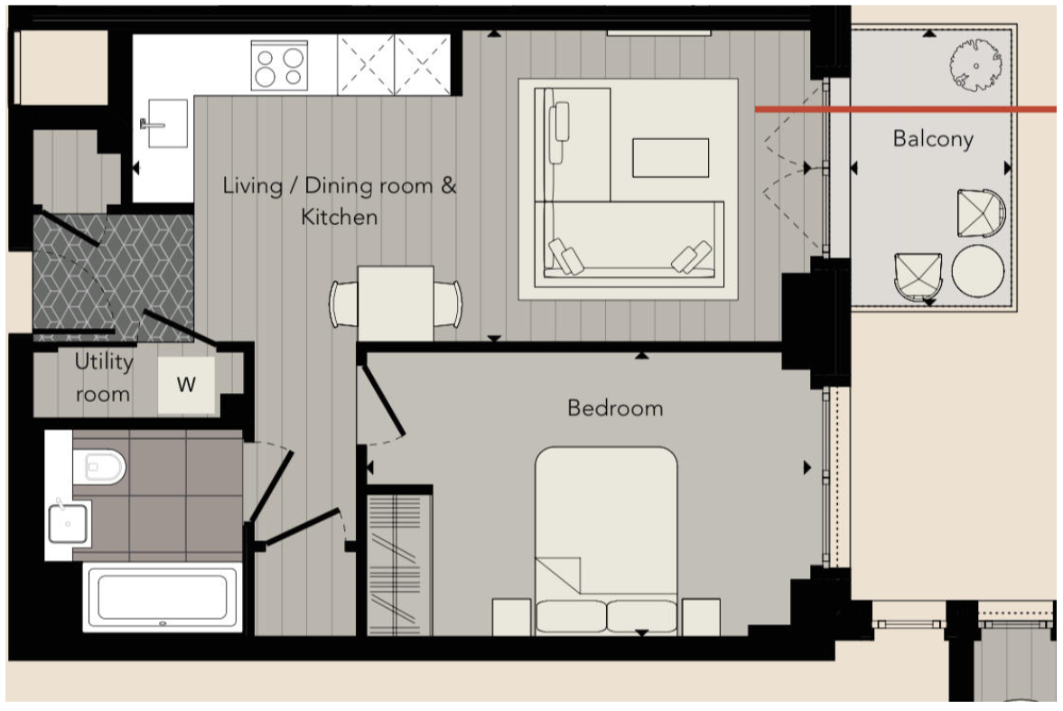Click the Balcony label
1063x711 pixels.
(933, 139)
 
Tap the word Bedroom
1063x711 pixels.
(615, 407)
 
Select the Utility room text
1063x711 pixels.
(103, 378)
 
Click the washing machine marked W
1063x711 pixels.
(186, 385)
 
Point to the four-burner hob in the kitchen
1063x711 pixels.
(279, 65)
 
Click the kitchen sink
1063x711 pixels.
(167, 124)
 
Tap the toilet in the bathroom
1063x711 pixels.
(99, 467)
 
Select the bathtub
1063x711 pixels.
(163, 598)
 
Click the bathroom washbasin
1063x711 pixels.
(68, 523)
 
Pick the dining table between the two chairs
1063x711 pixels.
(396, 304)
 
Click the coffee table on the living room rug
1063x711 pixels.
(670, 158)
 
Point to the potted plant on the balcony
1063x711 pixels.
(975, 65)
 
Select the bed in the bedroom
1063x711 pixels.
(606, 541)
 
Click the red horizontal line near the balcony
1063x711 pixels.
(906, 109)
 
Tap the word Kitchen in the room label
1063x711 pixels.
(339, 217)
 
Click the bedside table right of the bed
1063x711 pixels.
(701, 617)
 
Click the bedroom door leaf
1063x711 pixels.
(384, 400)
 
